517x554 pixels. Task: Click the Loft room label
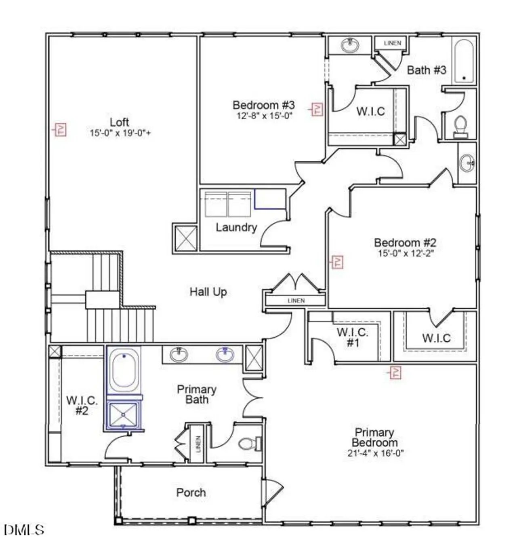(x=119, y=122)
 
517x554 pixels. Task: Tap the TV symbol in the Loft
(x=61, y=130)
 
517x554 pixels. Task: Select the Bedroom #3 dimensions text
(x=264, y=116)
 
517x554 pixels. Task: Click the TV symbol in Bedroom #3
(x=317, y=109)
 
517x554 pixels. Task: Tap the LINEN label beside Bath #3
(x=392, y=43)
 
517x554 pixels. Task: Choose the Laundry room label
(x=236, y=227)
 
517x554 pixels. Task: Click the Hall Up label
(x=208, y=292)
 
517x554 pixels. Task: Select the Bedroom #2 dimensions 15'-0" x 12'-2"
(x=405, y=254)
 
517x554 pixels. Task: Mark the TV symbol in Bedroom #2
(x=337, y=262)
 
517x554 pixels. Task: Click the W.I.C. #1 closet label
(x=353, y=338)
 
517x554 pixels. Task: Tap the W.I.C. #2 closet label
(x=82, y=405)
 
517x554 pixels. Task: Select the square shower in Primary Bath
(x=124, y=415)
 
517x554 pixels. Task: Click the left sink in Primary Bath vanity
(x=179, y=355)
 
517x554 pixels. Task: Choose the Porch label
(x=191, y=493)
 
